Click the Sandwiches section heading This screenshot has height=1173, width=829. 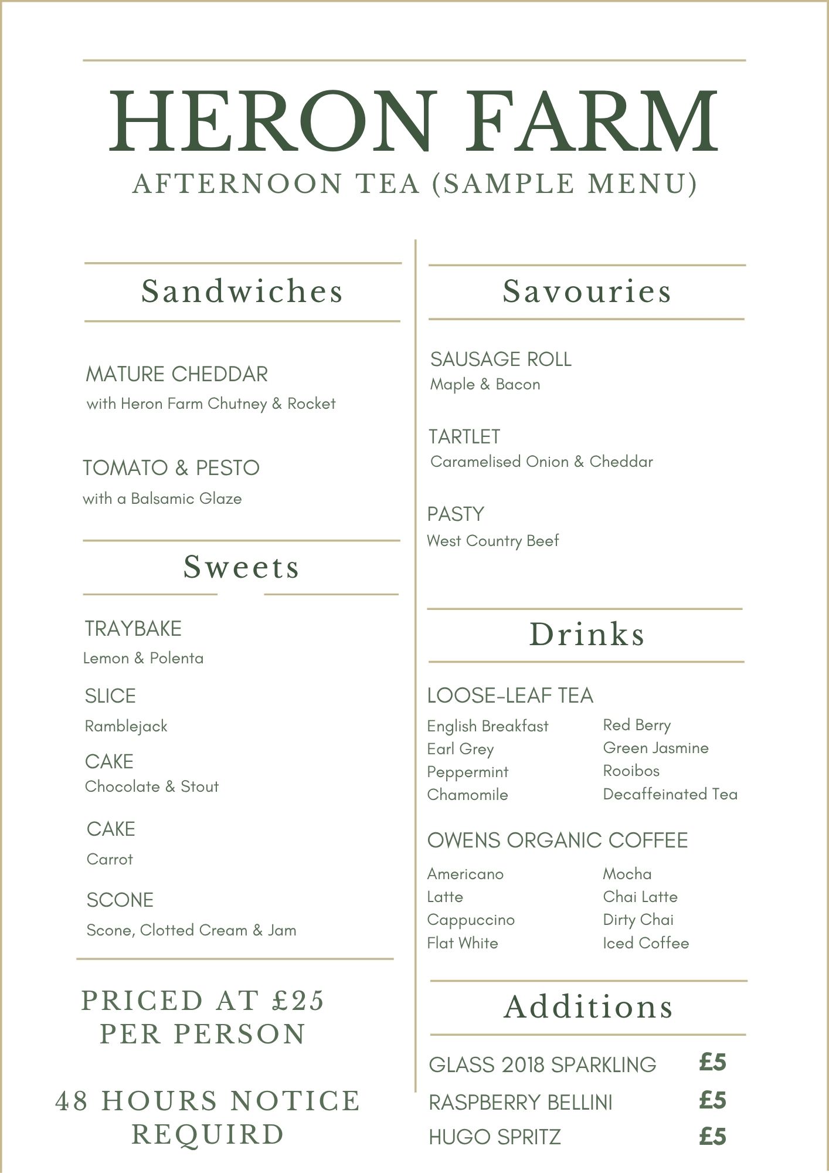tap(242, 291)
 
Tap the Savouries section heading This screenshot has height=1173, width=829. tap(586, 291)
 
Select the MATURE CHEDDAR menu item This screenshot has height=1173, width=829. tap(176, 374)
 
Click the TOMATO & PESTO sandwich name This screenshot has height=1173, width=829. tap(171, 468)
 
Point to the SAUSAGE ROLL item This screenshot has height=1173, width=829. tap(501, 359)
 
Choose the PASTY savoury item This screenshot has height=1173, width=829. tap(456, 514)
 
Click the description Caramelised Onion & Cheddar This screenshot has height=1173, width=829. tap(541, 462)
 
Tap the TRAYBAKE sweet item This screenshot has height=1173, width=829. tap(133, 629)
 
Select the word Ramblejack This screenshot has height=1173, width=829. tap(126, 727)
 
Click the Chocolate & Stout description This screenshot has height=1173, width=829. tap(152, 786)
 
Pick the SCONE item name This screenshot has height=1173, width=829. tap(120, 900)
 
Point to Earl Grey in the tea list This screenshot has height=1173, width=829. tap(460, 750)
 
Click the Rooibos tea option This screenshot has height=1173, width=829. tap(631, 771)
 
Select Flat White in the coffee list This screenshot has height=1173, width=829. tap(463, 943)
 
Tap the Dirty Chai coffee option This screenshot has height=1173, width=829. tap(638, 920)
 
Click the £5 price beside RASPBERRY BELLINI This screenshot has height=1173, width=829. tap(712, 1100)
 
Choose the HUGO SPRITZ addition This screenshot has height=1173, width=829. tap(495, 1137)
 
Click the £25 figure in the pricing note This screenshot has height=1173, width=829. tap(298, 1001)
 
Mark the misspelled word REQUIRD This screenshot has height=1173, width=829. tap(208, 1134)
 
